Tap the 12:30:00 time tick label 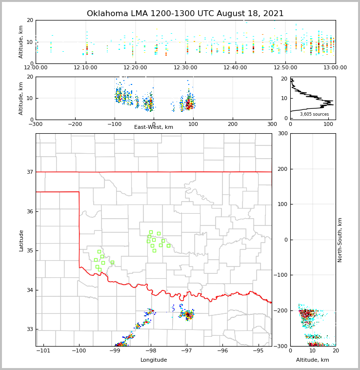click(185, 68)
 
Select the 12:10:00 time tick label click(86, 68)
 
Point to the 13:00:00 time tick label click(335, 68)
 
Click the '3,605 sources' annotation click(314, 114)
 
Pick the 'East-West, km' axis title click(154, 127)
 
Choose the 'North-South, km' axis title click(340, 240)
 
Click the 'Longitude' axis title click(154, 360)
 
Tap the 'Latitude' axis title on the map click(21, 240)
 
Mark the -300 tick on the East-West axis click(36, 124)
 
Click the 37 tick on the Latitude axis click(29, 172)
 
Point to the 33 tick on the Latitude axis click(29, 329)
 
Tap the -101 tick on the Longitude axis click(43, 351)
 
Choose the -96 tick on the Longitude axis click(222, 351)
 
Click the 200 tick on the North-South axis click(281, 169)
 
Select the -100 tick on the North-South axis click(280, 275)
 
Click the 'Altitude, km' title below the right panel click(313, 360)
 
